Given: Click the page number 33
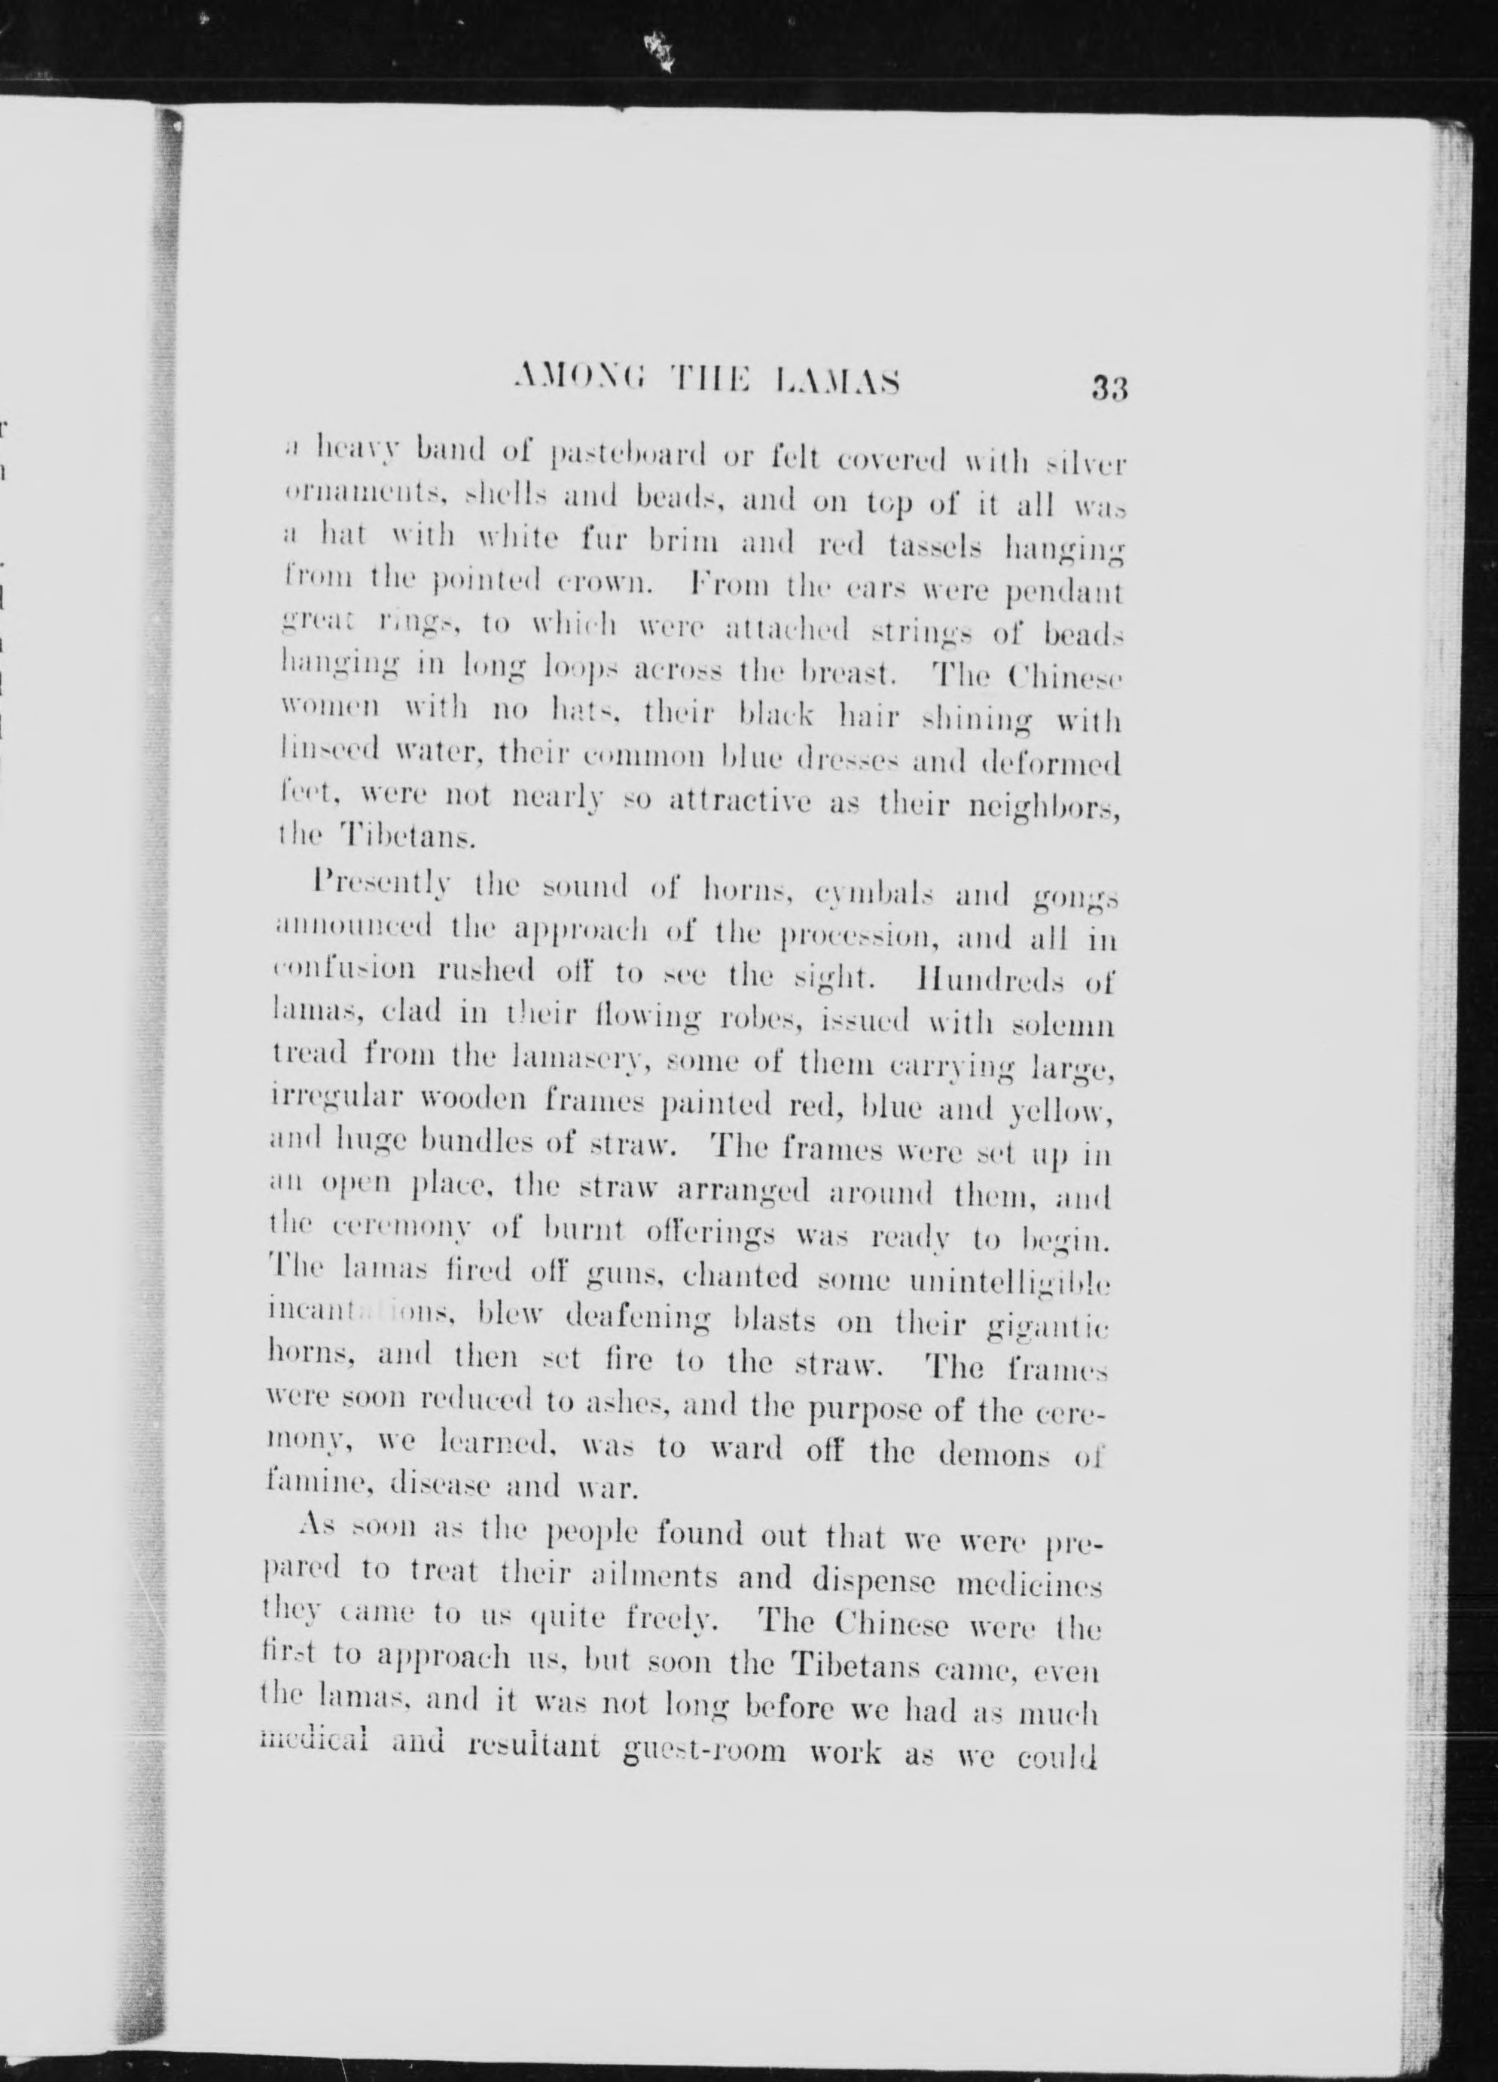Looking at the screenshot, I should click(x=1109, y=387).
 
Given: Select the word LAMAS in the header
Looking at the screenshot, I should click(x=838, y=381).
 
